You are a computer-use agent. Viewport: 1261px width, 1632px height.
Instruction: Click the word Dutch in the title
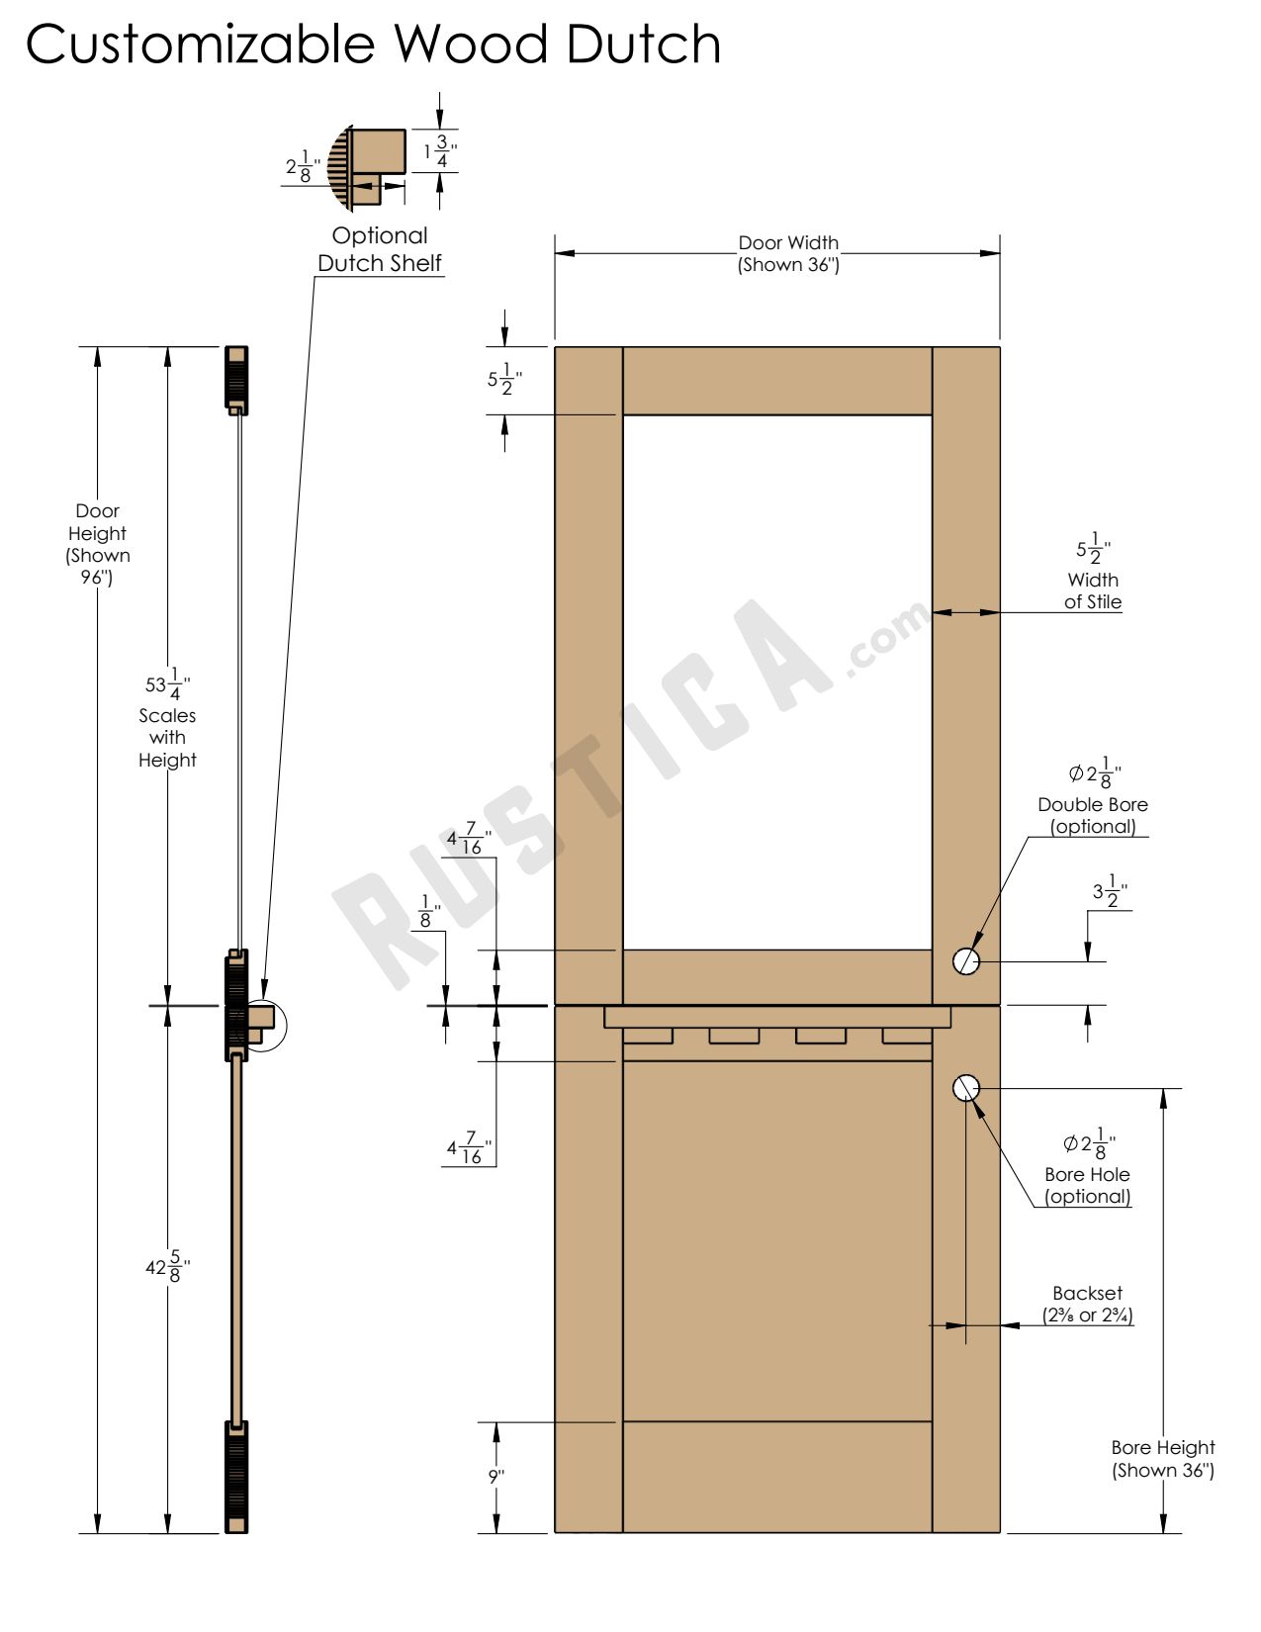click(643, 45)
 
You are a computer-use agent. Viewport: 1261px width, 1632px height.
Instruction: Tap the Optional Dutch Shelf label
click(380, 249)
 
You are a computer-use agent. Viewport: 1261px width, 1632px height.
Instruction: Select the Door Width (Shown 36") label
click(788, 253)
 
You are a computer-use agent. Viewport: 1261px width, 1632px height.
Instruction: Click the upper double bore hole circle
click(965, 960)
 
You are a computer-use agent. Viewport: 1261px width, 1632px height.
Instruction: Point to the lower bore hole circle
click(965, 1088)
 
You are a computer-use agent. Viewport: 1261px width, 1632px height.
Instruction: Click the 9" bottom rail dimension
click(496, 1477)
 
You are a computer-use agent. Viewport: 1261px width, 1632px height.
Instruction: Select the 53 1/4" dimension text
click(167, 683)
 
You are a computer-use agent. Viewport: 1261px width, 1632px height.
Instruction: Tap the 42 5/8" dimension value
click(167, 1267)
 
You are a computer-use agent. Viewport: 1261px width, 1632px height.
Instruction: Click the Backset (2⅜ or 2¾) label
click(1087, 1305)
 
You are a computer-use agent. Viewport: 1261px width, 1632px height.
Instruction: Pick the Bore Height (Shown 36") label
click(1162, 1459)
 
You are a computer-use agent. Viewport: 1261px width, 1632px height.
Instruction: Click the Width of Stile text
click(1093, 590)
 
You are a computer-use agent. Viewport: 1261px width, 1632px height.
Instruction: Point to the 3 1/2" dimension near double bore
click(1110, 891)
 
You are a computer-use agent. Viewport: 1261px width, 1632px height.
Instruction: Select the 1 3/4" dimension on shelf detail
click(440, 151)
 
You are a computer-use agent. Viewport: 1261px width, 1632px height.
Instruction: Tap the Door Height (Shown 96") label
click(97, 544)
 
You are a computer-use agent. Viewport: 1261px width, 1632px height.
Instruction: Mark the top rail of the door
click(777, 381)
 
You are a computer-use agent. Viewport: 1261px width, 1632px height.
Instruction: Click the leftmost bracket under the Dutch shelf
click(648, 1036)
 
